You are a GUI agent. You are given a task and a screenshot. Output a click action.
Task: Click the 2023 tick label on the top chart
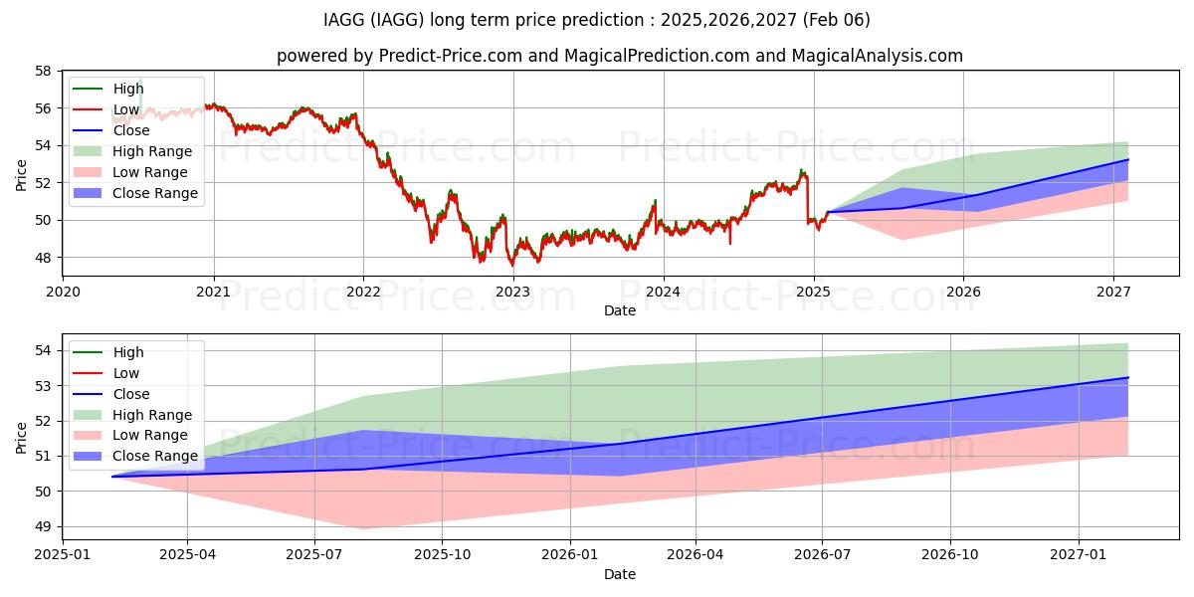513,292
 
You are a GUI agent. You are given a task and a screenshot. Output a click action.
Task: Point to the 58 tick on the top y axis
43,72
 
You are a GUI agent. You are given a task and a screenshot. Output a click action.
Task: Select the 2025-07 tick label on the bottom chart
314,554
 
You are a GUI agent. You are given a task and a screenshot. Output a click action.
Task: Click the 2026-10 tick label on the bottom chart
950,554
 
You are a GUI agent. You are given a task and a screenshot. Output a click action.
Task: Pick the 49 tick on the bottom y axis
43,526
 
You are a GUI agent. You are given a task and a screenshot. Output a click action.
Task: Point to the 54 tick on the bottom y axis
43,350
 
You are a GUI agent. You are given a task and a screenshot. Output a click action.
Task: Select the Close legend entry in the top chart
131,130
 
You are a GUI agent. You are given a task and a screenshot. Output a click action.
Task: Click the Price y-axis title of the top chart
21,175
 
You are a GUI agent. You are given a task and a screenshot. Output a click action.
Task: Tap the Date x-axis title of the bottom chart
619,574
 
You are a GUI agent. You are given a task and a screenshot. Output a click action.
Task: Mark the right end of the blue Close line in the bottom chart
1128,377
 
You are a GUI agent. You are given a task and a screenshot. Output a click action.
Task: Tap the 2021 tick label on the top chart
213,292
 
